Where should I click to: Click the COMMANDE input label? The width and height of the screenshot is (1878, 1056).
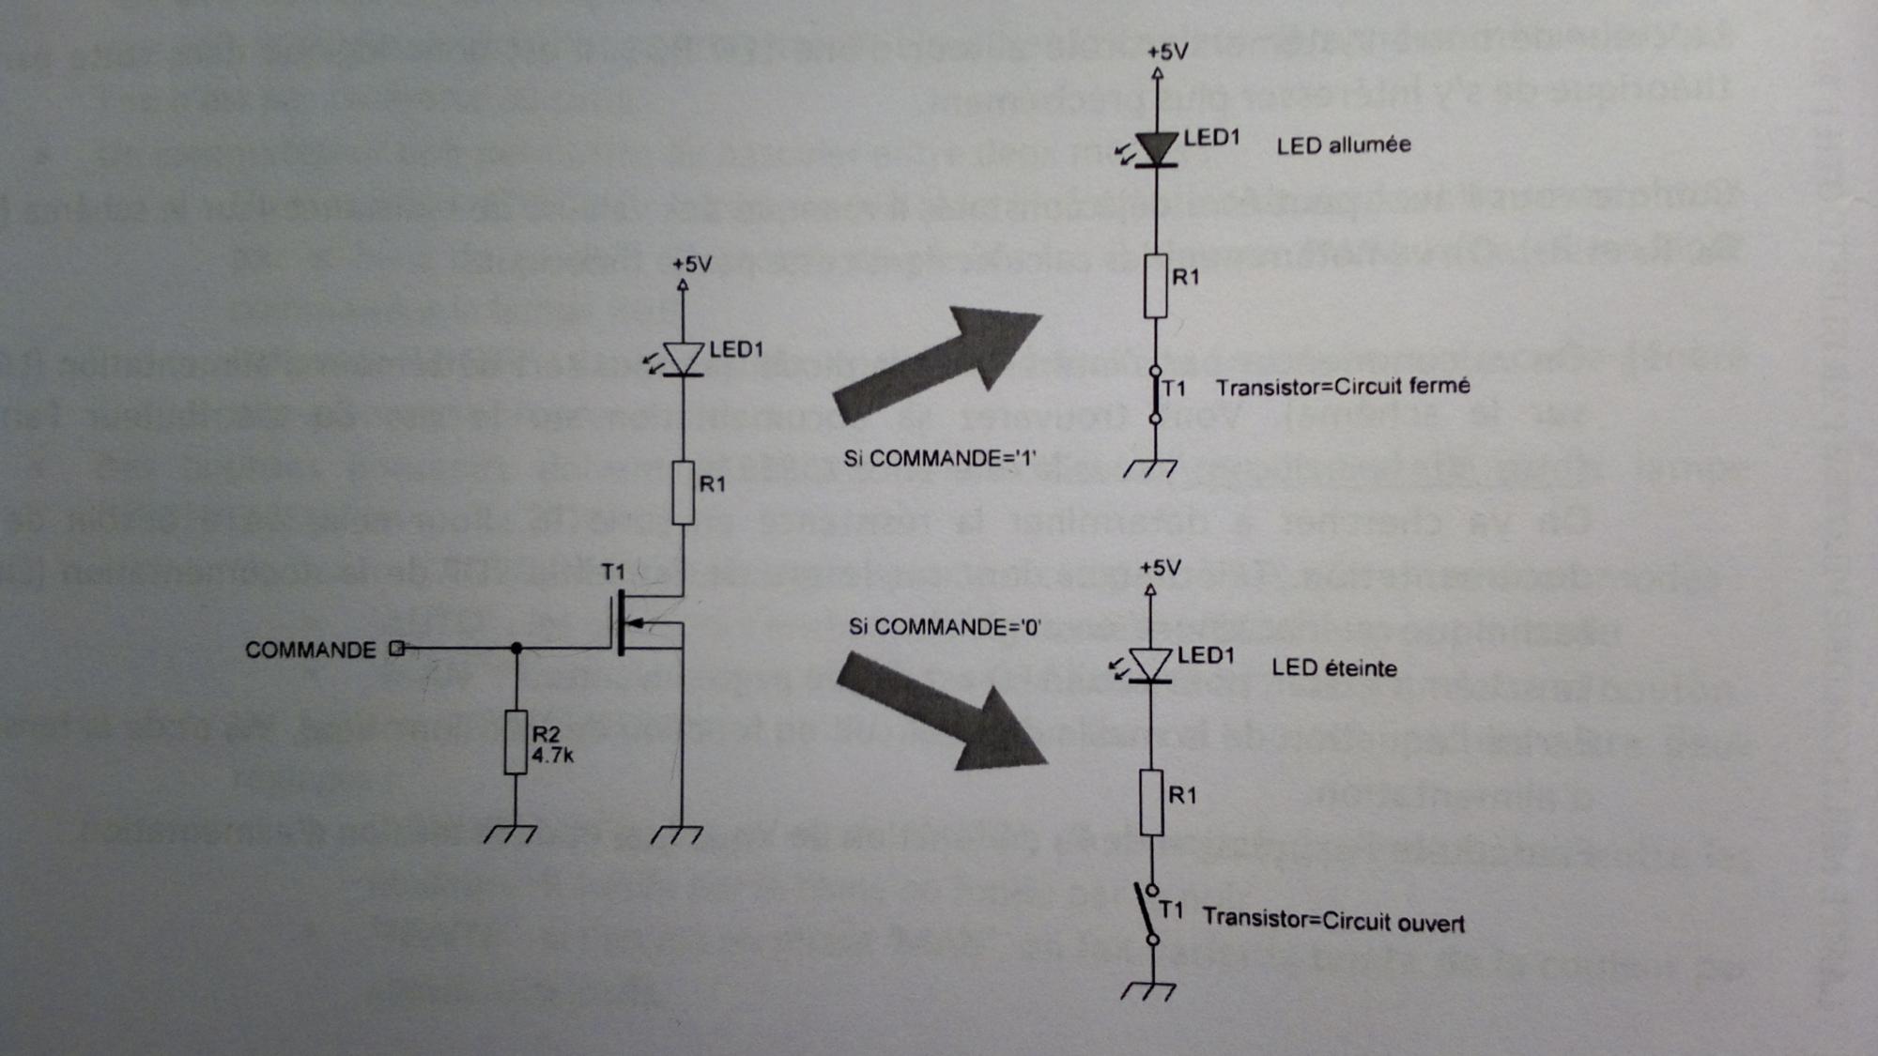pos(310,650)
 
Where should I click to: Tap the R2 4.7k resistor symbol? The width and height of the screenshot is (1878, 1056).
pos(516,742)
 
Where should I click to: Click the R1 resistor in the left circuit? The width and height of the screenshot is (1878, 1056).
pos(683,493)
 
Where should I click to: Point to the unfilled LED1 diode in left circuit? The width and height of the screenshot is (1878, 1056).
pos(683,358)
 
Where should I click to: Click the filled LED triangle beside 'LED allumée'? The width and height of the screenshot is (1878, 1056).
pos(1157,148)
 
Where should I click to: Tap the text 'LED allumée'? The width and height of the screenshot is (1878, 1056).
pos(1343,145)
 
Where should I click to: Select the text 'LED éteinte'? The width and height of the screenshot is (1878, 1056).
pos(1333,668)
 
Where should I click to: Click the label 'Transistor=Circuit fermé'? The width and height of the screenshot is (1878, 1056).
pos(1343,387)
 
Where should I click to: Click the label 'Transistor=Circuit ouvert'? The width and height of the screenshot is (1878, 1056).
pos(1333,920)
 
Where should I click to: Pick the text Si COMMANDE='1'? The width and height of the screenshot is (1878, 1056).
pos(939,458)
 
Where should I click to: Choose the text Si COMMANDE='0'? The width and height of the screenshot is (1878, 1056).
pos(944,627)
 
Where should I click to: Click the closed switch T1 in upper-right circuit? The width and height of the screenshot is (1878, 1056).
pos(1156,394)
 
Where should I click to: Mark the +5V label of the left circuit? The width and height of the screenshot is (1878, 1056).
pos(692,265)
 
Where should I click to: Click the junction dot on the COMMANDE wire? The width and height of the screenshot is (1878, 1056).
pos(516,649)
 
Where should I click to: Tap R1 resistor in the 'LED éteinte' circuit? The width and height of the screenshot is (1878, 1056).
pos(1152,802)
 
